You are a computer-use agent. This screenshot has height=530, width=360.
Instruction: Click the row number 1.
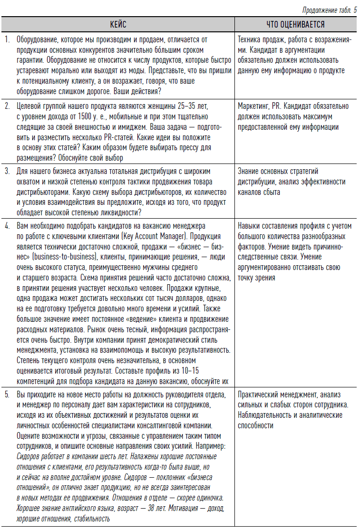click(x=7, y=40)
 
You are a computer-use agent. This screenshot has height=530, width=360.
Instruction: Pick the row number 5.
click(x=7, y=395)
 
